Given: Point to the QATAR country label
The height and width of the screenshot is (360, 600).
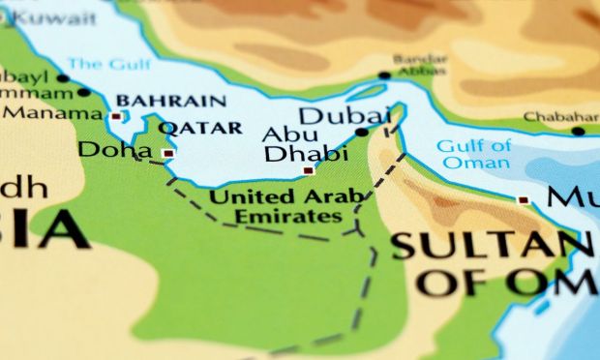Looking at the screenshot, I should [199, 128].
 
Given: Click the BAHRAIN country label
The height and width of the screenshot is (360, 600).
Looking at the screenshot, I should [171, 101].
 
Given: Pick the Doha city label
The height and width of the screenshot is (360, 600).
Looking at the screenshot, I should [115, 150].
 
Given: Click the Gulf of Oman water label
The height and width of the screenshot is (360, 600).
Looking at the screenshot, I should [473, 154].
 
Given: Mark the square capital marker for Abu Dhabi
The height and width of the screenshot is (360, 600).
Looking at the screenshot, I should [309, 170].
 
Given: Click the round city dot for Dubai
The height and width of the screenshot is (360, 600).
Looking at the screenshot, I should [362, 133].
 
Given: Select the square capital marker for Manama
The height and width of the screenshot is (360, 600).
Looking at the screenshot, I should [116, 116].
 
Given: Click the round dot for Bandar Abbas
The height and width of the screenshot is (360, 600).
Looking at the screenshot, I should [384, 75].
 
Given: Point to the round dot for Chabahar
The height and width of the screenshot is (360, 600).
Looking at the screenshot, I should [578, 131].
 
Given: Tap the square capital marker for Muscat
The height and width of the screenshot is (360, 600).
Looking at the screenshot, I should [523, 200].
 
